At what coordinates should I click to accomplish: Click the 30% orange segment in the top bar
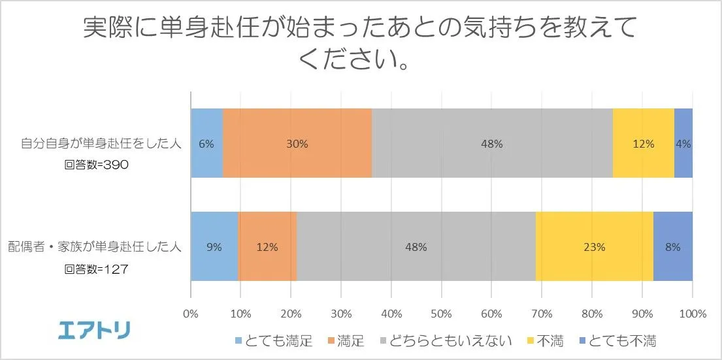pyautogui.click(x=297, y=144)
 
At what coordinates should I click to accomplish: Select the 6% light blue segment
pyautogui.click(x=206, y=144)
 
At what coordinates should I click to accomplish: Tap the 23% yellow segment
pyautogui.click(x=595, y=247)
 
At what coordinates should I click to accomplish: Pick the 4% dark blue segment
pyautogui.click(x=683, y=144)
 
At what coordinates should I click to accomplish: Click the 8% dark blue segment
pyautogui.click(x=673, y=247)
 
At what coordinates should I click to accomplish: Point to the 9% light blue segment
pyautogui.click(x=214, y=247)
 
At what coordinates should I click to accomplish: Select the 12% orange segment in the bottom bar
pyautogui.click(x=268, y=247)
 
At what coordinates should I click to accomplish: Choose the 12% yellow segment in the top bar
pyautogui.click(x=644, y=144)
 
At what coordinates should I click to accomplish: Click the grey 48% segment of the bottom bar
pyautogui.click(x=416, y=247)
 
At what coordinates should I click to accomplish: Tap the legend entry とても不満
pyautogui.click(x=621, y=340)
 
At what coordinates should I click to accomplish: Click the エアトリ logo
pyautogui.click(x=95, y=331)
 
